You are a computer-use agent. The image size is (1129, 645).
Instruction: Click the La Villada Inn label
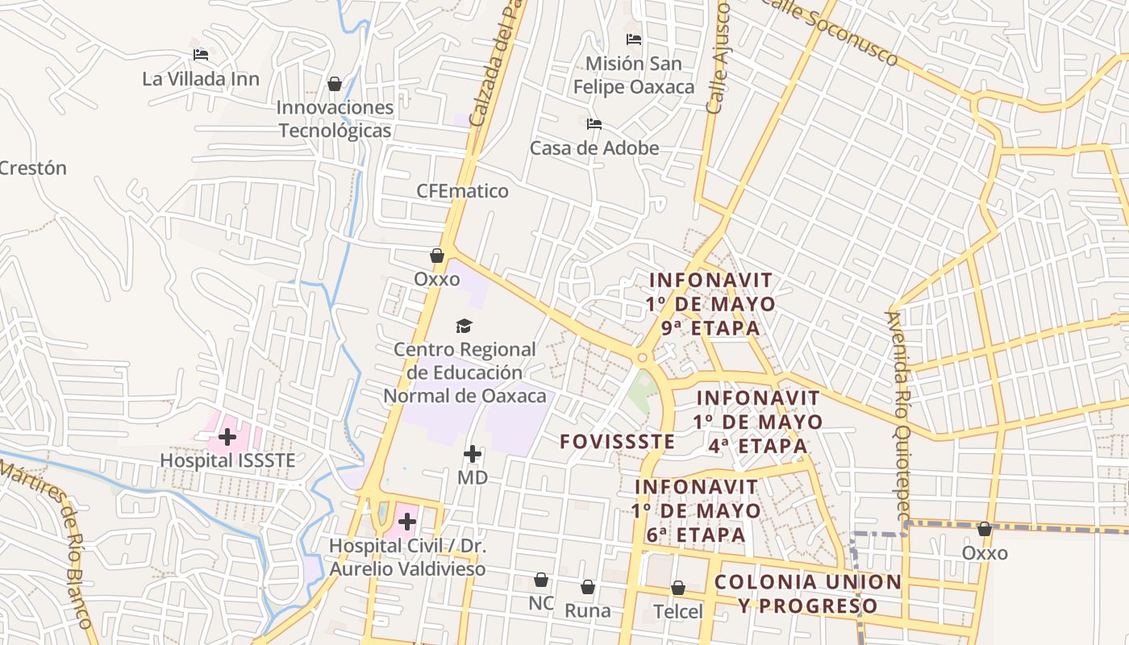(x=201, y=78)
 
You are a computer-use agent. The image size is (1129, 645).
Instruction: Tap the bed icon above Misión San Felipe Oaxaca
(x=634, y=39)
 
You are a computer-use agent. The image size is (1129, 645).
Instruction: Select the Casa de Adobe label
(x=594, y=148)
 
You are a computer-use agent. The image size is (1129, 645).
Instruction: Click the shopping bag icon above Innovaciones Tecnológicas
(x=335, y=84)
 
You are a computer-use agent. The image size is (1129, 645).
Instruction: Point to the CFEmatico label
(x=462, y=191)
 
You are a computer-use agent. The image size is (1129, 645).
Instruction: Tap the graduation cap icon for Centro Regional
(x=464, y=326)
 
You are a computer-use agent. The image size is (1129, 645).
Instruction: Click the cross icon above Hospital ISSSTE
(x=227, y=437)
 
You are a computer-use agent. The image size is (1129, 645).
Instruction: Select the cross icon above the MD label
(x=473, y=454)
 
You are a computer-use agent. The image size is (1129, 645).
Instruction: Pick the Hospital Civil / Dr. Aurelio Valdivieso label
(x=407, y=557)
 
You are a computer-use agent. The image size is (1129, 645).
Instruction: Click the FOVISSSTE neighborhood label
(x=617, y=441)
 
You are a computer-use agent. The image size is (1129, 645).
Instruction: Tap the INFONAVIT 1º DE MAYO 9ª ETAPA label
(x=710, y=304)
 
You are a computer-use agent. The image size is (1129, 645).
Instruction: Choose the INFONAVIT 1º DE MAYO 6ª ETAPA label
(x=696, y=511)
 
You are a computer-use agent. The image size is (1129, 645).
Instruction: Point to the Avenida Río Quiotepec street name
(x=898, y=415)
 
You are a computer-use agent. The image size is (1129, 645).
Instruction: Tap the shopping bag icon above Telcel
(x=678, y=589)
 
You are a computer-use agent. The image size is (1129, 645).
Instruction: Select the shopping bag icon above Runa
(x=588, y=587)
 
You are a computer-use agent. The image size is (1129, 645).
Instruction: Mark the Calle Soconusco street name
(x=834, y=32)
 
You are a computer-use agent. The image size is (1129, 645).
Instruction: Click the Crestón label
(x=32, y=169)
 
